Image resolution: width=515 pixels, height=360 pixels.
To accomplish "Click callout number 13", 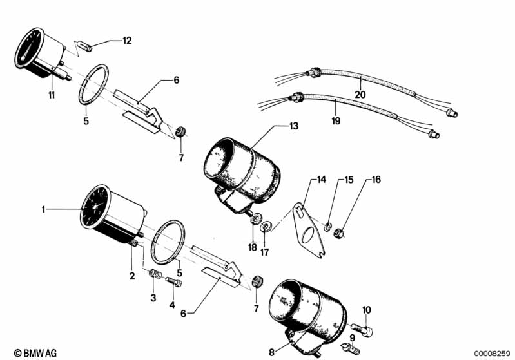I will coord(293,127).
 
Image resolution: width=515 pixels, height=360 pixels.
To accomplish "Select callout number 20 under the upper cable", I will coord(360,94).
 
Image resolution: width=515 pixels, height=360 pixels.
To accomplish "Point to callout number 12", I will coord(127,41).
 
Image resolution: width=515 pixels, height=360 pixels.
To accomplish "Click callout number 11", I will coord(51,95).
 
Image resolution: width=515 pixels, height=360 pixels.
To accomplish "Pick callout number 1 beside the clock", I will coord(44,209).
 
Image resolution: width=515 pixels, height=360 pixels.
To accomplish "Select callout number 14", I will coord(320,180).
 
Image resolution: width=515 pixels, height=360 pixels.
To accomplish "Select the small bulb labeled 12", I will coord(84,46).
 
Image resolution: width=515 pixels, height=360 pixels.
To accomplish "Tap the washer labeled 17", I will coord(264,227).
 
